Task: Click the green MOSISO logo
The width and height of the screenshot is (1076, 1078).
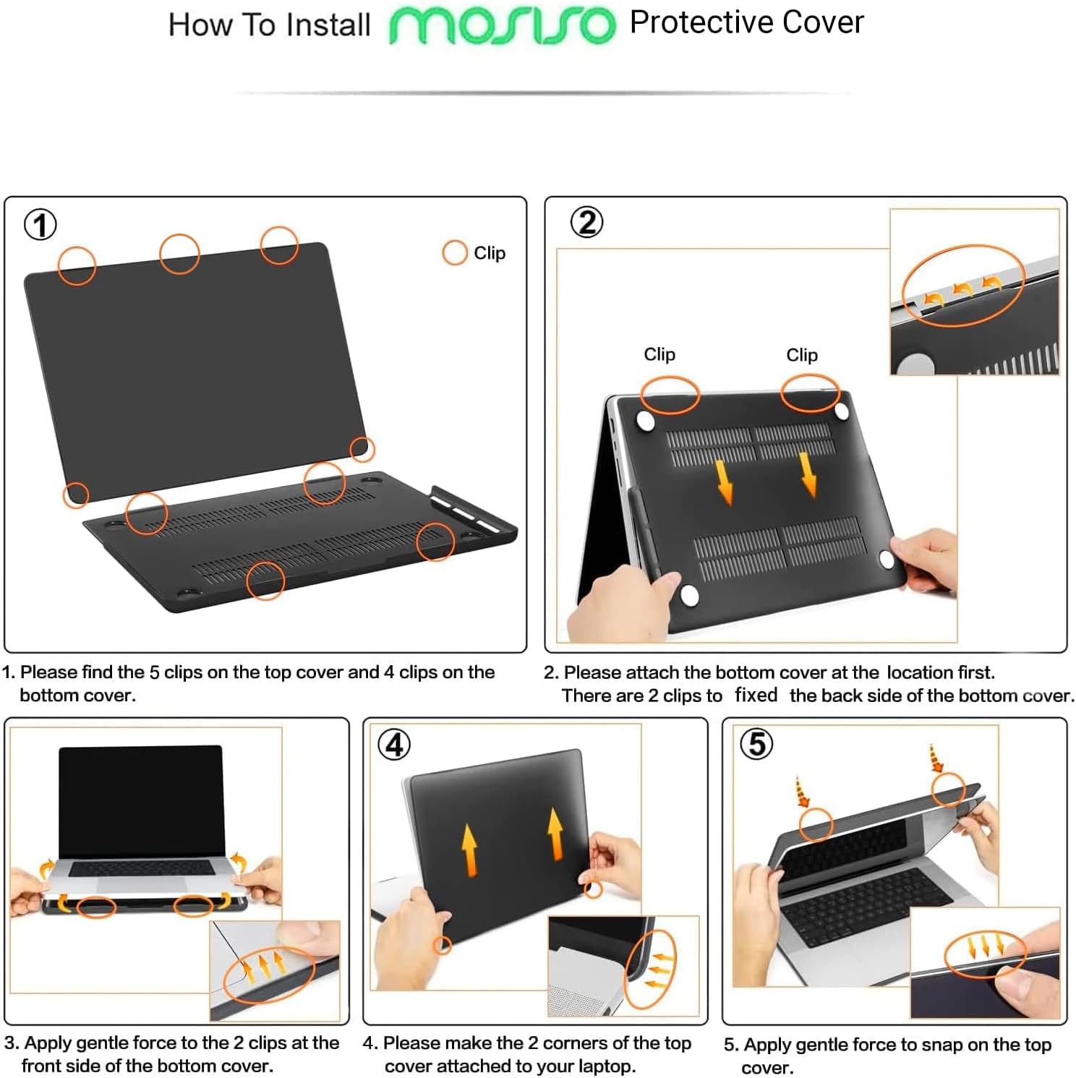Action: pyautogui.click(x=502, y=26)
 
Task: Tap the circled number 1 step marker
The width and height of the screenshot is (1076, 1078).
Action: pyautogui.click(x=40, y=224)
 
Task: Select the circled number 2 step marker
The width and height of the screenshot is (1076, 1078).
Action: pyautogui.click(x=586, y=222)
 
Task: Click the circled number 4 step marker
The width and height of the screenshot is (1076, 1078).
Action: pyautogui.click(x=394, y=745)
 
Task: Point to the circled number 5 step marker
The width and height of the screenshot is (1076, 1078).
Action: pyautogui.click(x=756, y=743)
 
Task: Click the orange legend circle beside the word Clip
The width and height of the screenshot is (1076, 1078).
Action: pyautogui.click(x=455, y=253)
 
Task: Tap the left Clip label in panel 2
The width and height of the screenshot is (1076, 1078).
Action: pyautogui.click(x=659, y=354)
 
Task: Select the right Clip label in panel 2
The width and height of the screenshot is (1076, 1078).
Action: pyautogui.click(x=802, y=355)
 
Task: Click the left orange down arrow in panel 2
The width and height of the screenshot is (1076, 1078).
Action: pyautogui.click(x=725, y=482)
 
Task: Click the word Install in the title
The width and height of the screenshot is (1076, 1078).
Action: pyautogui.click(x=328, y=25)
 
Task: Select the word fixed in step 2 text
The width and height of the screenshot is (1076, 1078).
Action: pyautogui.click(x=756, y=695)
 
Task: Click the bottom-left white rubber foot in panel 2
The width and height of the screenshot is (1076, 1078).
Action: pyautogui.click(x=689, y=595)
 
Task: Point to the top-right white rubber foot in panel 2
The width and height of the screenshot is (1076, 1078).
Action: pyautogui.click(x=841, y=411)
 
